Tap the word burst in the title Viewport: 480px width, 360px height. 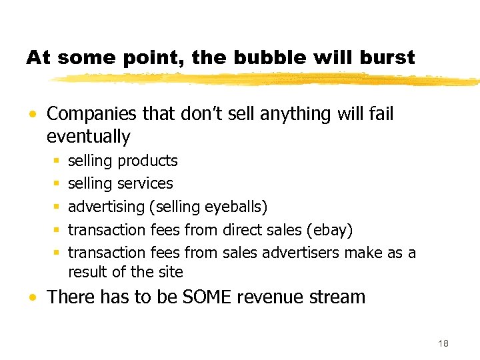(x=386, y=58)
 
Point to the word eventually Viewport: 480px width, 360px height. (x=88, y=137)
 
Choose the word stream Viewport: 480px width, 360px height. (x=339, y=297)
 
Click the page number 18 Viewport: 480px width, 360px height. (x=443, y=343)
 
